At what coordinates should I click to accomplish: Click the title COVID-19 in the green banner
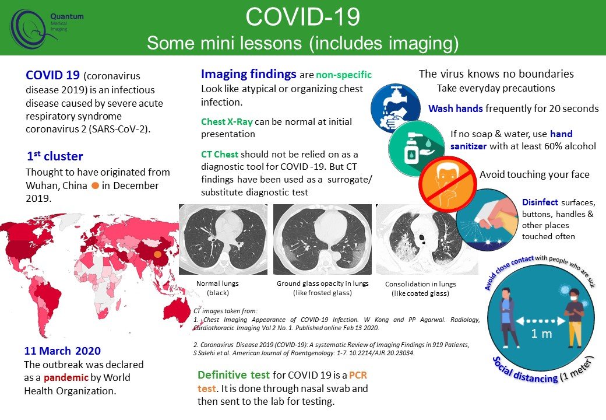pyautogui.click(x=302, y=17)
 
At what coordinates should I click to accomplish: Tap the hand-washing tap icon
pyautogui.click(x=395, y=108)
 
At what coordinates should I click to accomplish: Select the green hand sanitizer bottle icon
pyautogui.click(x=417, y=149)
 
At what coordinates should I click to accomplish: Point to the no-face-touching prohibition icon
pyautogui.click(x=448, y=184)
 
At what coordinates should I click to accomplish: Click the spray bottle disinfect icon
pyautogui.click(x=487, y=220)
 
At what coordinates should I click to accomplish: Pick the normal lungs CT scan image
pyautogui.click(x=223, y=239)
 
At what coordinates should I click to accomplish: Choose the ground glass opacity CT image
pyautogui.click(x=322, y=239)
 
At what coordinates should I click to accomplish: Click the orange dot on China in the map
pyautogui.click(x=157, y=254)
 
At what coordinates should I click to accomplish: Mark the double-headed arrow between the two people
pyautogui.click(x=540, y=321)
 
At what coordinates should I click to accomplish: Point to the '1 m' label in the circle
pyautogui.click(x=541, y=334)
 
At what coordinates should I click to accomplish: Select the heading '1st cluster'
pyautogui.click(x=55, y=156)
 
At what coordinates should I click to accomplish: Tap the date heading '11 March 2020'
pyautogui.click(x=62, y=351)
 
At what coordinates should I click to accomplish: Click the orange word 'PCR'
pyautogui.click(x=358, y=375)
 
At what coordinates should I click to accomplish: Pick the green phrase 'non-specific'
pyautogui.click(x=344, y=75)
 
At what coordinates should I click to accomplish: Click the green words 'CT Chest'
pyautogui.click(x=220, y=155)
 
